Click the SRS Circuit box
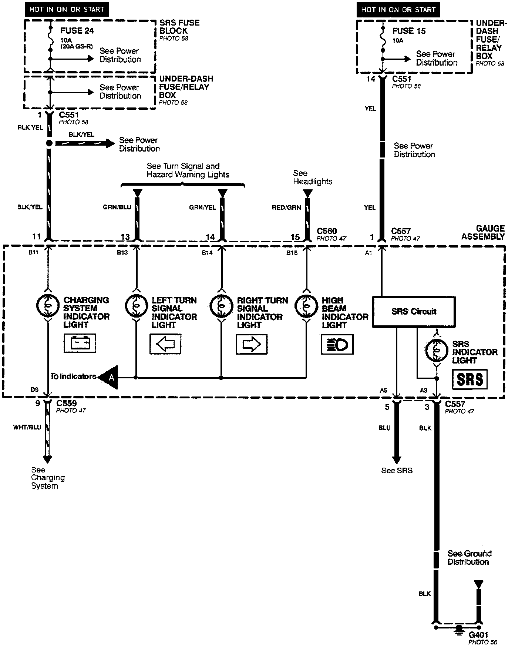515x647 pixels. tap(414, 312)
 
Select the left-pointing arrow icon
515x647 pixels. tap(165, 344)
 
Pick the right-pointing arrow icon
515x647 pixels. tap(252, 344)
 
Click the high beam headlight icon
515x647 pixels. tap(337, 344)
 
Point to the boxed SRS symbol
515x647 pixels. tap(469, 379)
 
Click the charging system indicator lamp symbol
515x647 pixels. tap(48, 306)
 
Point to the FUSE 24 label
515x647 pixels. tap(77, 31)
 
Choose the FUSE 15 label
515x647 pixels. tap(409, 31)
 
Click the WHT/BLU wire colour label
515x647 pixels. tap(27, 427)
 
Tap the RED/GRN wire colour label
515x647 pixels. tap(286, 208)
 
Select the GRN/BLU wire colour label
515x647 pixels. tap(117, 207)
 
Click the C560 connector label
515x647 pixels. tap(327, 231)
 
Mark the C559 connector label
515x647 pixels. tap(67, 403)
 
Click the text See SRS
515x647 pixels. tap(397, 471)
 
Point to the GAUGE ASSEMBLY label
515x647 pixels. tap(483, 232)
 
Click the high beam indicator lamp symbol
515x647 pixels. tap(306, 306)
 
